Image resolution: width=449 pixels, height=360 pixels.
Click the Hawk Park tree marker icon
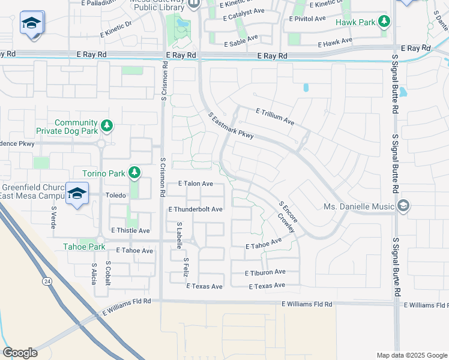384,22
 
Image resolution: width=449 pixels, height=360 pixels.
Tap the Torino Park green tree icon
134,173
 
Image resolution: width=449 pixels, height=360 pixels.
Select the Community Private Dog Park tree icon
106,125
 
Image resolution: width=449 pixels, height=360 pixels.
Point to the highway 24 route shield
46,281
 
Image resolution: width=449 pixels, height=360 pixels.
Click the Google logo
20,353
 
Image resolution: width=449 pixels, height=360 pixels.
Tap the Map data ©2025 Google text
411,355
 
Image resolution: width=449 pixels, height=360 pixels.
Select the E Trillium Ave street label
274,116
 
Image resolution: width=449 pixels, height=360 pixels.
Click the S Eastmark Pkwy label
231,126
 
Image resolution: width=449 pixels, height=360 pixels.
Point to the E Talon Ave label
196,184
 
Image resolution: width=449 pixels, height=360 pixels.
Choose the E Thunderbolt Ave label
196,209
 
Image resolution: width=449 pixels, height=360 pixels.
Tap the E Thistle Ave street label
130,230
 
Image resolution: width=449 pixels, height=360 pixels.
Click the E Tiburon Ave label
265,272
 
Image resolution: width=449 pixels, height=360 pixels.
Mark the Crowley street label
286,224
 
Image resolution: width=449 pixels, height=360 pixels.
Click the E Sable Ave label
241,44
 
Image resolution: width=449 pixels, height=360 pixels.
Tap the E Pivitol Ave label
307,19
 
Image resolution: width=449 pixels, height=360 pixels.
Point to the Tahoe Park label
84,247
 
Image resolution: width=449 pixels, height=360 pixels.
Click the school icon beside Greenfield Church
77,193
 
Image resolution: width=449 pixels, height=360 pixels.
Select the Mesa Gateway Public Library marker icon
193,4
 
